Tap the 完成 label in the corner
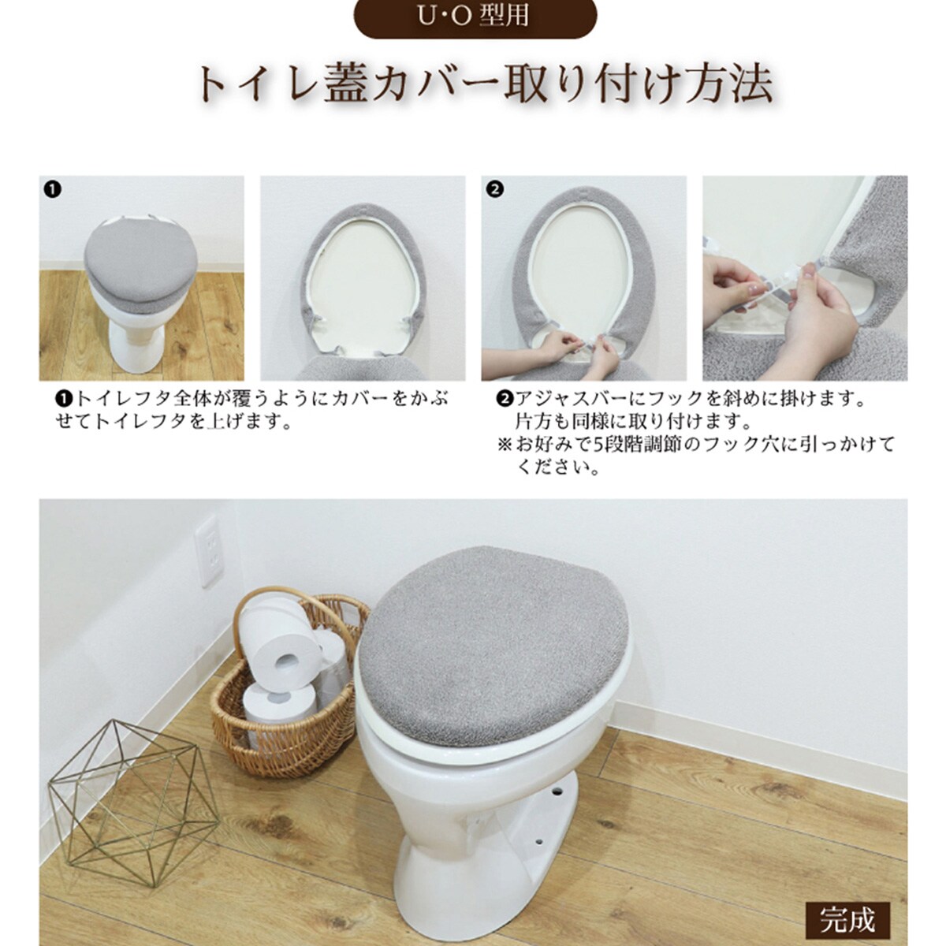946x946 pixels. click(847, 919)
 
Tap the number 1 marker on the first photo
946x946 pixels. click(52, 189)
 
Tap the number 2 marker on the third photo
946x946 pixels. click(495, 189)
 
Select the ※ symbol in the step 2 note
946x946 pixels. click(505, 444)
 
